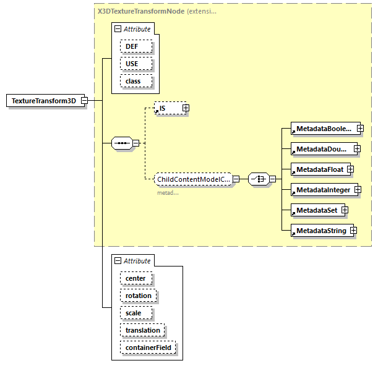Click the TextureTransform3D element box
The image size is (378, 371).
(43, 101)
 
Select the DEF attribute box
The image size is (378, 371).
(132, 46)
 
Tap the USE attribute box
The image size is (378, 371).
(132, 64)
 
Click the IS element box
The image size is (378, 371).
(167, 108)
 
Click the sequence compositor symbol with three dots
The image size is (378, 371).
(122, 143)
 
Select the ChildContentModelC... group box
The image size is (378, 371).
(192, 179)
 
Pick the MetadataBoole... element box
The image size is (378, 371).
(323, 129)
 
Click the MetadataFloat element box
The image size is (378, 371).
(318, 169)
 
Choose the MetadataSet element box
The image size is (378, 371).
(316, 210)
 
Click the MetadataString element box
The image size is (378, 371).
(320, 231)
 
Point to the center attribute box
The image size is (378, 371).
(135, 278)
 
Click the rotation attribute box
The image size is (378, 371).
(138, 296)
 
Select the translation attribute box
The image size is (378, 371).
(142, 331)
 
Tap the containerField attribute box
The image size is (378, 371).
(148, 348)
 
